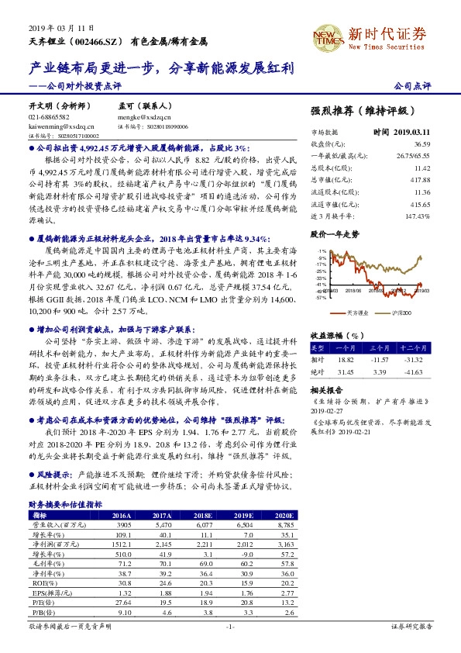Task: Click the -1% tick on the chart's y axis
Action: click(320, 253)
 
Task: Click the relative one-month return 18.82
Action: click(345, 360)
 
